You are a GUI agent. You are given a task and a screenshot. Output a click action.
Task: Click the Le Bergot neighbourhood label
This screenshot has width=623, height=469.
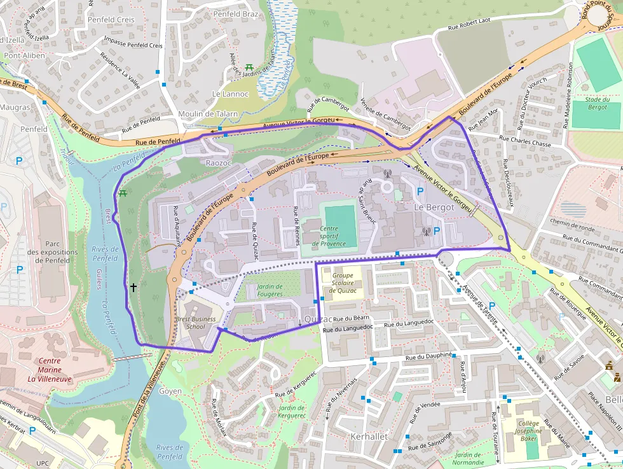(x=434, y=207)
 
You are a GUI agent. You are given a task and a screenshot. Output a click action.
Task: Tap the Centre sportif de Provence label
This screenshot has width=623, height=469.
(x=329, y=236)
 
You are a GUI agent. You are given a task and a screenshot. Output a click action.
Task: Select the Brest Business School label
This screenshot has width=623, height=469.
(x=196, y=323)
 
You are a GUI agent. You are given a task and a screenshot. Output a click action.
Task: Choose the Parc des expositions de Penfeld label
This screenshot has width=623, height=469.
(x=52, y=252)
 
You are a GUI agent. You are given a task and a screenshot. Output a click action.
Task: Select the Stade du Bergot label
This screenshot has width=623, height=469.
(x=597, y=103)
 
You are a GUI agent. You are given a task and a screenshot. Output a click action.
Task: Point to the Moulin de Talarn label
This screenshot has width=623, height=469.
(x=216, y=114)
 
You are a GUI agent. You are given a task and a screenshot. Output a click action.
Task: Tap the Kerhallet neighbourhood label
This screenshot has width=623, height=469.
(x=369, y=437)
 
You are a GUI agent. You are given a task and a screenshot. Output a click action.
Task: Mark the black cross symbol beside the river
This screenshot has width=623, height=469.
(x=133, y=287)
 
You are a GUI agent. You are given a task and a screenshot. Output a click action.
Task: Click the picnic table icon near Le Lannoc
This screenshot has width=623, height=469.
(x=249, y=67)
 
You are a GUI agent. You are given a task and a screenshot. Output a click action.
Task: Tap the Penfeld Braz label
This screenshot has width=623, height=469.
(x=235, y=13)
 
